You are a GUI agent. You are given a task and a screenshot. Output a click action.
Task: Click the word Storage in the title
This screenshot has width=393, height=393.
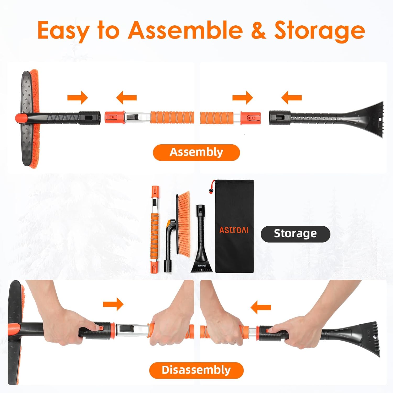coord(319,31)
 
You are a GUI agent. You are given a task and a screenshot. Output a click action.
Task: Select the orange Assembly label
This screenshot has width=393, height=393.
coord(196,152)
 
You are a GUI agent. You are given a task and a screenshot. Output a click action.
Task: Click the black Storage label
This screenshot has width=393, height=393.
coord(295,233)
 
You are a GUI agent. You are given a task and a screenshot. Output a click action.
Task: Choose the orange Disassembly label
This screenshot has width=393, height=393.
coord(196,370)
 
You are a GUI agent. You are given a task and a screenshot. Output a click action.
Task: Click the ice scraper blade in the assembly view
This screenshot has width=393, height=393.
coord(372,118)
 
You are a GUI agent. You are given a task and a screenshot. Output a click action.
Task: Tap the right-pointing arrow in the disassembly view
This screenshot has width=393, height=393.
coord(113,304)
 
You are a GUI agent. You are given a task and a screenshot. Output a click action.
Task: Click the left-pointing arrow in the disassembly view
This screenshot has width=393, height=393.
coord(261,307)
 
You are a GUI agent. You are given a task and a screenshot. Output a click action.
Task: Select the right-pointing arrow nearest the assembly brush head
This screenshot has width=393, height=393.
coord(78,98)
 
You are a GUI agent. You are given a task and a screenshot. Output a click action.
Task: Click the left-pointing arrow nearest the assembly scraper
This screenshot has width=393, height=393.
coord(291,98)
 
